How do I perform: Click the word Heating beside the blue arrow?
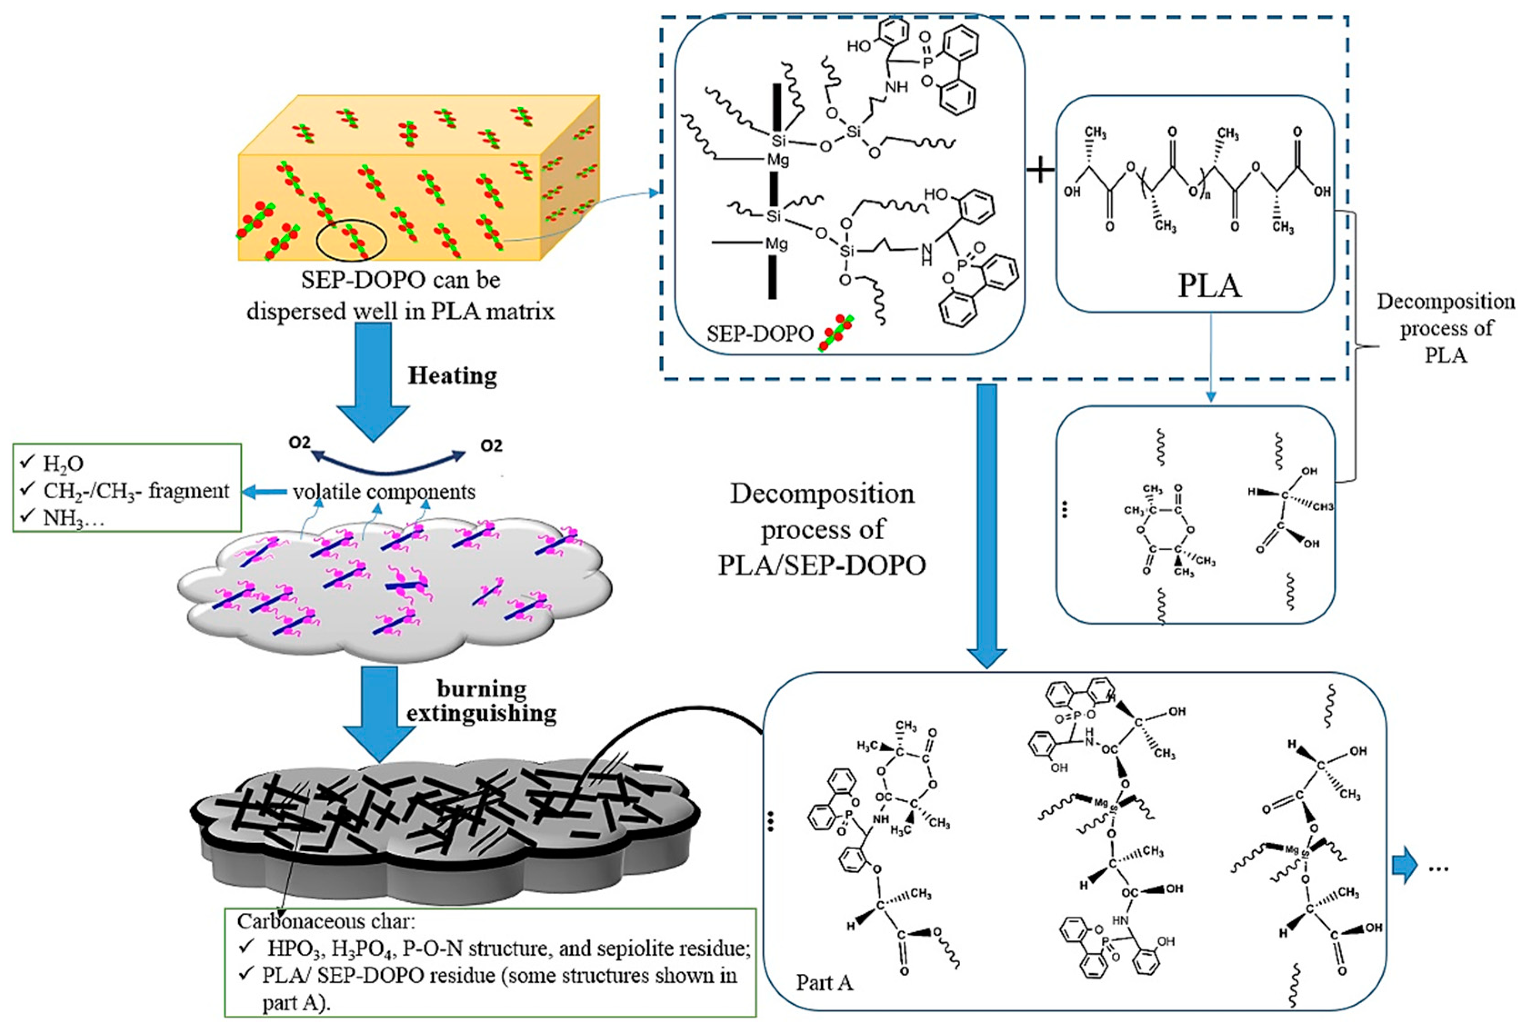(x=452, y=376)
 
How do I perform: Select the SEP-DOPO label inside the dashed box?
(x=760, y=334)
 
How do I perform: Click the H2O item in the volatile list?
(x=63, y=464)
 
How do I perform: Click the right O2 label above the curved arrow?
(x=491, y=446)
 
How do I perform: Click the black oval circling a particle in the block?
(x=352, y=241)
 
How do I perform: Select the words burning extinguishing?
(x=482, y=701)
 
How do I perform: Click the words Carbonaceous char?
(x=325, y=922)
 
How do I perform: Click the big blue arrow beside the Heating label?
(x=373, y=380)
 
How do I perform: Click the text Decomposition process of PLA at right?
(x=1445, y=328)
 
